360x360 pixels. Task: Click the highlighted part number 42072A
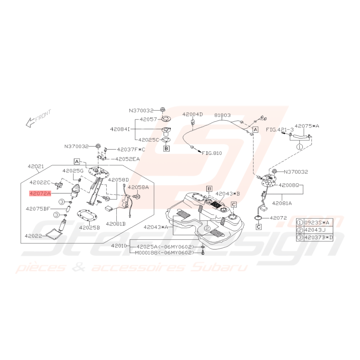point(40,194)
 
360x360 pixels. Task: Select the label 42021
point(36,166)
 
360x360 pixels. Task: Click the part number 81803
point(222,115)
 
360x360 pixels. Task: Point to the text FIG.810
point(212,153)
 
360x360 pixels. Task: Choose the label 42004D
point(193,114)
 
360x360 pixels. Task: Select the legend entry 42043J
point(315,230)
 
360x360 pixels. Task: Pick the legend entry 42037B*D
point(319,237)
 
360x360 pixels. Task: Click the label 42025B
point(90,227)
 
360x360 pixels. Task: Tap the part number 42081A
point(282,203)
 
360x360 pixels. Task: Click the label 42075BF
point(38,209)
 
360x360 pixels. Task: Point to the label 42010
point(119,246)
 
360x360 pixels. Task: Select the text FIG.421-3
point(280,130)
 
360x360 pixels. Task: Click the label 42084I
point(120,129)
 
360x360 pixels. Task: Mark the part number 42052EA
point(128,159)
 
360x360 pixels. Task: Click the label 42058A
point(138,187)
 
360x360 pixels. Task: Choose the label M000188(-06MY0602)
point(164,253)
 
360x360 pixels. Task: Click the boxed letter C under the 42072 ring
point(259,227)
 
